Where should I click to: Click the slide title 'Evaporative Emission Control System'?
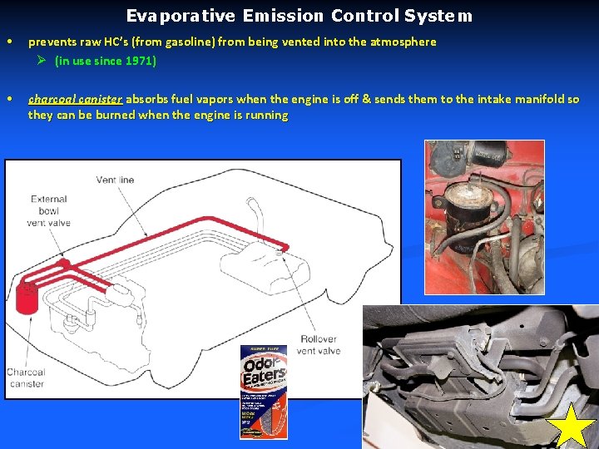tap(299, 16)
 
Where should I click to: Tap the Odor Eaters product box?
tap(263, 390)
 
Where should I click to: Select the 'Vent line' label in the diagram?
tap(115, 180)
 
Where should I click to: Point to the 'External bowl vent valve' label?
tap(49, 210)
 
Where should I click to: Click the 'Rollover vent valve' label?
tap(319, 345)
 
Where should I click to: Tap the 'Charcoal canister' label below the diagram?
tap(26, 377)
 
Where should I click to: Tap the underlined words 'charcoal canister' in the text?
tap(75, 99)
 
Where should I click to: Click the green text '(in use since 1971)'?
tap(105, 61)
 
